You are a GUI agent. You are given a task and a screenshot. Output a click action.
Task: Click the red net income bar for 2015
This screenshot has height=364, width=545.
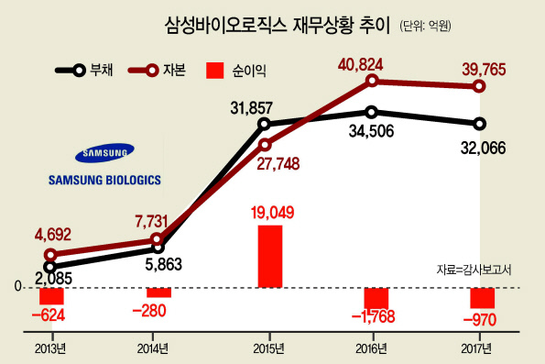tap(270, 257)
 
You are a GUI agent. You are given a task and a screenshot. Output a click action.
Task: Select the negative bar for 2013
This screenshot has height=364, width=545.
tap(51, 296)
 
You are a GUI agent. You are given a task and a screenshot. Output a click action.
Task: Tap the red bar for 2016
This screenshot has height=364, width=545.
tap(376, 299)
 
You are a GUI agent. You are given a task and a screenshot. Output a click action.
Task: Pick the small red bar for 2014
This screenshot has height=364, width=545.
tap(158, 292)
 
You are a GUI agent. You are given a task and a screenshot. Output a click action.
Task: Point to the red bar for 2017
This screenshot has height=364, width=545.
tap(483, 298)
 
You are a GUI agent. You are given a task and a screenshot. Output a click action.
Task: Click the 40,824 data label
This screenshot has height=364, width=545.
tap(360, 65)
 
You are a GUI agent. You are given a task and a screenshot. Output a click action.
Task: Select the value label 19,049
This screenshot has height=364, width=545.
tap(273, 213)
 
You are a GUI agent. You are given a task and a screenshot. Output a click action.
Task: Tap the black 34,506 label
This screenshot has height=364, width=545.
tap(371, 131)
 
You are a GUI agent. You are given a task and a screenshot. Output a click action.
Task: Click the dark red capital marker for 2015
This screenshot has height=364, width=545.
tap(265, 145)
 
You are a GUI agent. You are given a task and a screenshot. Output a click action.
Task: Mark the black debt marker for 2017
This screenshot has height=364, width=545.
tap(480, 124)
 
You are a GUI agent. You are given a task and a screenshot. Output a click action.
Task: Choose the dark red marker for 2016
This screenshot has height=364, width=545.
tap(372, 81)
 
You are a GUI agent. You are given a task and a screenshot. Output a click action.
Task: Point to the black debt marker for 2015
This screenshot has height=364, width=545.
tap(264, 124)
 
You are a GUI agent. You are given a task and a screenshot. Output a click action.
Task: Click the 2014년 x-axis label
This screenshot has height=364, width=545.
tap(152, 348)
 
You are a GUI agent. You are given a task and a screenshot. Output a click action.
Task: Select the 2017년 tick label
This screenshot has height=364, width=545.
tap(476, 348)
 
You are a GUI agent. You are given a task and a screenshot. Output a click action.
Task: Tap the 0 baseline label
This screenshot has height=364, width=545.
tap(17, 287)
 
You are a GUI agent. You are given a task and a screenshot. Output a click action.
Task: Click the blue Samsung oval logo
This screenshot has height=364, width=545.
tap(104, 153)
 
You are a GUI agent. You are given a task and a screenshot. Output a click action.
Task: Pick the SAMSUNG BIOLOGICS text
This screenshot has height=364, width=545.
tap(104, 180)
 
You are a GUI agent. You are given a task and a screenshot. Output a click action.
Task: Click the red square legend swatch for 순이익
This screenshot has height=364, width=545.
tap(215, 71)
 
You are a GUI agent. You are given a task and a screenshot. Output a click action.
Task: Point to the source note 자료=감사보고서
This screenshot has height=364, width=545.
tap(474, 270)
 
